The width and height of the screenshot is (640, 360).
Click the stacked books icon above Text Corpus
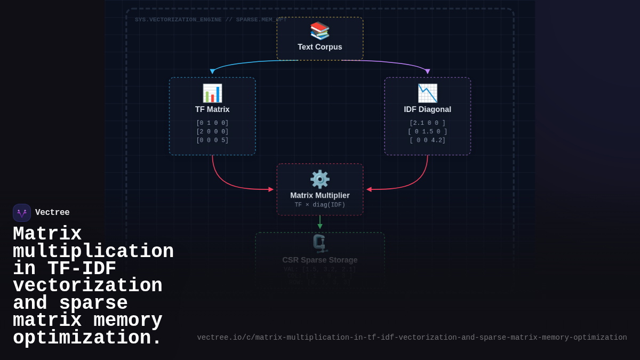click(320, 30)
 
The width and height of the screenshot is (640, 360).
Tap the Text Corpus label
click(320, 47)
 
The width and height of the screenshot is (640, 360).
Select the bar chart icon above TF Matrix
click(212, 93)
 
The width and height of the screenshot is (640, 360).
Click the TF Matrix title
click(212, 109)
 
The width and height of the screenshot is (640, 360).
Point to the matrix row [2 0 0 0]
click(212, 132)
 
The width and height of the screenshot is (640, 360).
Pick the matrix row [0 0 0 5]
click(212, 140)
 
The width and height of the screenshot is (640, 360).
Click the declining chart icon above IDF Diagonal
click(427, 93)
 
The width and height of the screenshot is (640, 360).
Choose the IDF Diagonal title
click(427, 109)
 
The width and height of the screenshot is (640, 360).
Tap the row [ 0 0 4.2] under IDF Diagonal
click(427, 140)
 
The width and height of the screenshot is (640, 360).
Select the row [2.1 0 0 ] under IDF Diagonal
click(427, 123)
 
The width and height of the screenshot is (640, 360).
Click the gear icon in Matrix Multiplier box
click(320, 179)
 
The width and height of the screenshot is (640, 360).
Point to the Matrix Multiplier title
click(320, 196)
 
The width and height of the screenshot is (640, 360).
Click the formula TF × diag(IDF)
click(320, 205)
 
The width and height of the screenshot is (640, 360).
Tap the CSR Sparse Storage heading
click(320, 260)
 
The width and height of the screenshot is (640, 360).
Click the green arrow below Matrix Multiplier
click(320, 223)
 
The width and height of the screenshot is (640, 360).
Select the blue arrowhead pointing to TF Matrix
click(212, 71)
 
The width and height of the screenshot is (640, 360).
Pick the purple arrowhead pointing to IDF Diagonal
click(428, 71)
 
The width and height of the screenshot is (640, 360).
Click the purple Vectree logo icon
click(22, 213)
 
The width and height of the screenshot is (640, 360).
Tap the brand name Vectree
click(52, 213)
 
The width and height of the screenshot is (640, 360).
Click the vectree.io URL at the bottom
click(412, 338)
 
